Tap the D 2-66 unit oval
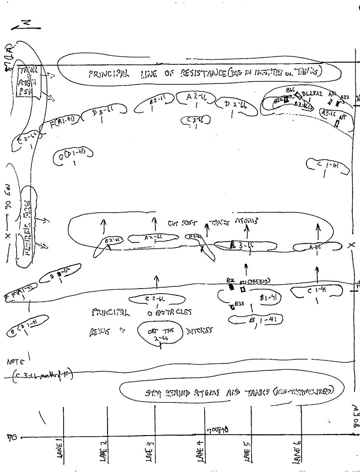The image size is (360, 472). coord(236,106)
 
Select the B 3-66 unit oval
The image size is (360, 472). coord(246,245)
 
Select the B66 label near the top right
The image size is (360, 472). coord(290,90)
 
